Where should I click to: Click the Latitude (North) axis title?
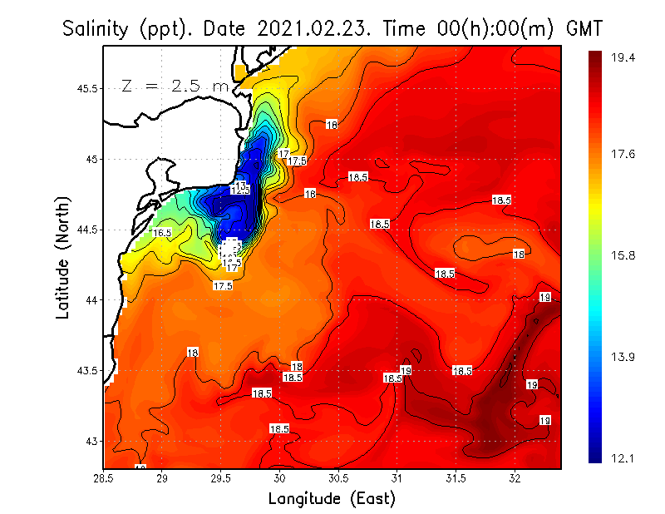pyautogui.click(x=63, y=256)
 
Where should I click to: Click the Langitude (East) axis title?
pyautogui.click(x=332, y=498)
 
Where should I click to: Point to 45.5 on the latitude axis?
pyautogui.click(x=86, y=88)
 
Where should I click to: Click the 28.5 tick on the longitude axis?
pyautogui.click(x=104, y=477)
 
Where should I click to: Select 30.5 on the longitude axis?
pyautogui.click(x=338, y=477)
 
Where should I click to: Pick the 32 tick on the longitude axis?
pyautogui.click(x=515, y=477)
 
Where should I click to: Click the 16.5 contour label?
pyautogui.click(x=161, y=233)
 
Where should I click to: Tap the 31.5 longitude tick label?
pyautogui.click(x=456, y=477)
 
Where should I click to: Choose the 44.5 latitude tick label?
pyautogui.click(x=86, y=230)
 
